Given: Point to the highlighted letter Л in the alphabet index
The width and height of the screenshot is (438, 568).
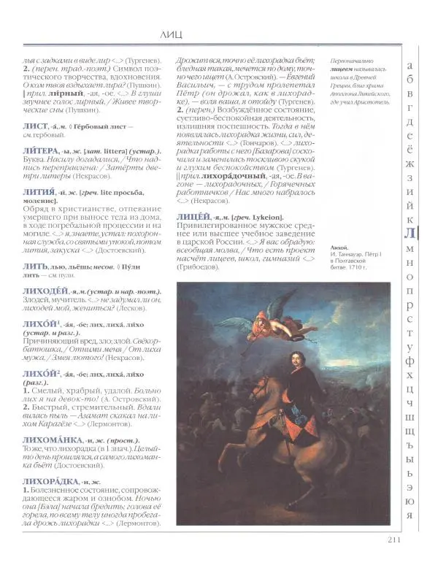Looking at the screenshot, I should tap(410, 234).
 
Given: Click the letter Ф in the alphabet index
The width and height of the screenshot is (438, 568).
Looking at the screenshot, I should tap(410, 358).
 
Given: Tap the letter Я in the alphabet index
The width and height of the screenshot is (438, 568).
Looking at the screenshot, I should tap(410, 515).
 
